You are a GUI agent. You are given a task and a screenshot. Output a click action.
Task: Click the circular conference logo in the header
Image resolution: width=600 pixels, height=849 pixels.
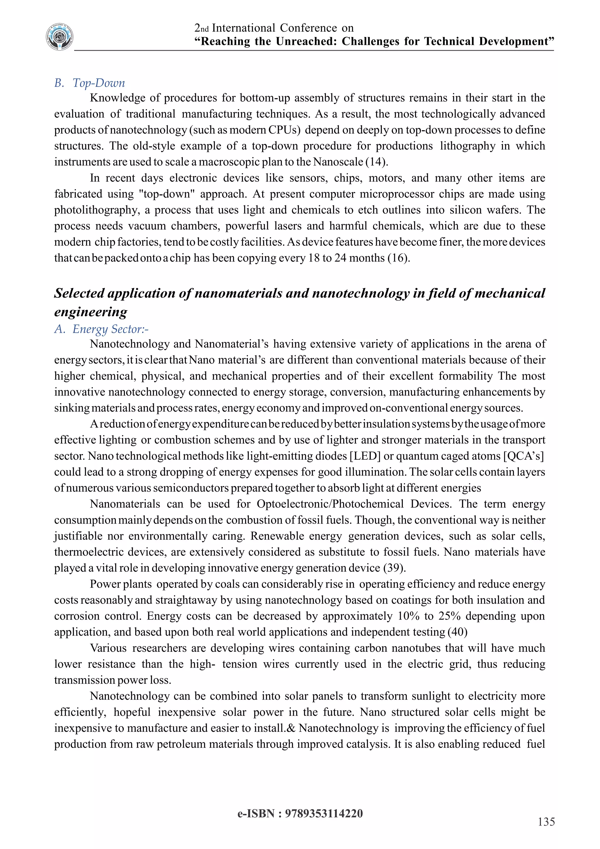click(59, 37)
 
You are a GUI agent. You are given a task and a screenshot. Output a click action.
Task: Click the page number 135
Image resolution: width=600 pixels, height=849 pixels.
click(546, 822)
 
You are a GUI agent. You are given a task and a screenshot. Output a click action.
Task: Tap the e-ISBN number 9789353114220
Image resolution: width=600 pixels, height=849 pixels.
click(324, 814)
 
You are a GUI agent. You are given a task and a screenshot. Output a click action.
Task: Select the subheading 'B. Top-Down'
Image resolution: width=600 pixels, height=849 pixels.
click(90, 83)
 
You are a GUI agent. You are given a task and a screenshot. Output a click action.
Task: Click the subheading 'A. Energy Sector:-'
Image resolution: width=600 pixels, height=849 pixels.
click(102, 329)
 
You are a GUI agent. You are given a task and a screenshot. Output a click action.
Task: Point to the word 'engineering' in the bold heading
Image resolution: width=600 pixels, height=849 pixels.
click(91, 312)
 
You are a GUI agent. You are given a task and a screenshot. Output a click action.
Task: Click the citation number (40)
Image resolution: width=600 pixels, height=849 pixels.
click(457, 632)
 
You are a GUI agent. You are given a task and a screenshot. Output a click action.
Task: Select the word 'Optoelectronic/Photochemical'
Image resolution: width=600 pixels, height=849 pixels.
click(330, 504)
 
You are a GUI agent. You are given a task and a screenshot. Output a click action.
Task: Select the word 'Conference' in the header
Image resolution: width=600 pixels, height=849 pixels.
click(308, 28)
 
